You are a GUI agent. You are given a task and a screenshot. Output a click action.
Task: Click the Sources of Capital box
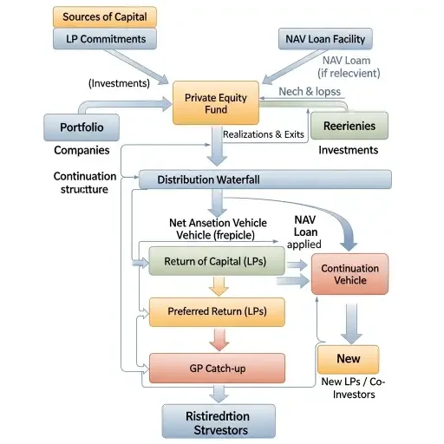click(100, 16)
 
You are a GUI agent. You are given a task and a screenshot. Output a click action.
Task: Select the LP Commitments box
click(106, 39)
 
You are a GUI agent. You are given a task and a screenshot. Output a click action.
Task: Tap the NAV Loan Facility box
click(325, 39)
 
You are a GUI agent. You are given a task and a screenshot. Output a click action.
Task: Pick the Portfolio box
click(82, 127)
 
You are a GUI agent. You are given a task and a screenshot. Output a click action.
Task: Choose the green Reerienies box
click(349, 126)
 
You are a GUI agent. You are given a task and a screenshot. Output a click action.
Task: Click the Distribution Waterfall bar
click(264, 180)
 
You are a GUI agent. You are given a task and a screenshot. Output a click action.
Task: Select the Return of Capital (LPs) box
click(216, 261)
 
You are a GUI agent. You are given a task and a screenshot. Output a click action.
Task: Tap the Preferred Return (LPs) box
click(217, 311)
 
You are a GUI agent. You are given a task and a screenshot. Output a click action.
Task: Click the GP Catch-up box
click(217, 369)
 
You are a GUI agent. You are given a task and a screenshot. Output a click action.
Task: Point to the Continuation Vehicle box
click(349, 274)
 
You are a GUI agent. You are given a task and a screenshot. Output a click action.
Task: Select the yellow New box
click(348, 359)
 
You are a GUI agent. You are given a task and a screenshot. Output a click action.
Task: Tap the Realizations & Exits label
click(263, 134)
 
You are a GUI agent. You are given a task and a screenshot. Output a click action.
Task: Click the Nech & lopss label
click(310, 91)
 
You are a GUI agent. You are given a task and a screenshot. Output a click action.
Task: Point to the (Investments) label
click(120, 83)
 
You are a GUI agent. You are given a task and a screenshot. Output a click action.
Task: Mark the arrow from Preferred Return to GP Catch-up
click(217, 339)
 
